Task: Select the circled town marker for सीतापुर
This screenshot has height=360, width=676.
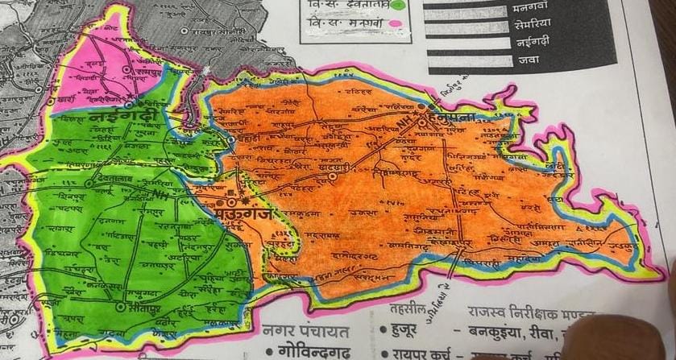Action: (x=120, y=306)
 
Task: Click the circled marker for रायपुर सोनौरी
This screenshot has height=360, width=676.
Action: (x=185, y=31)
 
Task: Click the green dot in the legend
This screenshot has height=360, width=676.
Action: (x=398, y=4)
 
